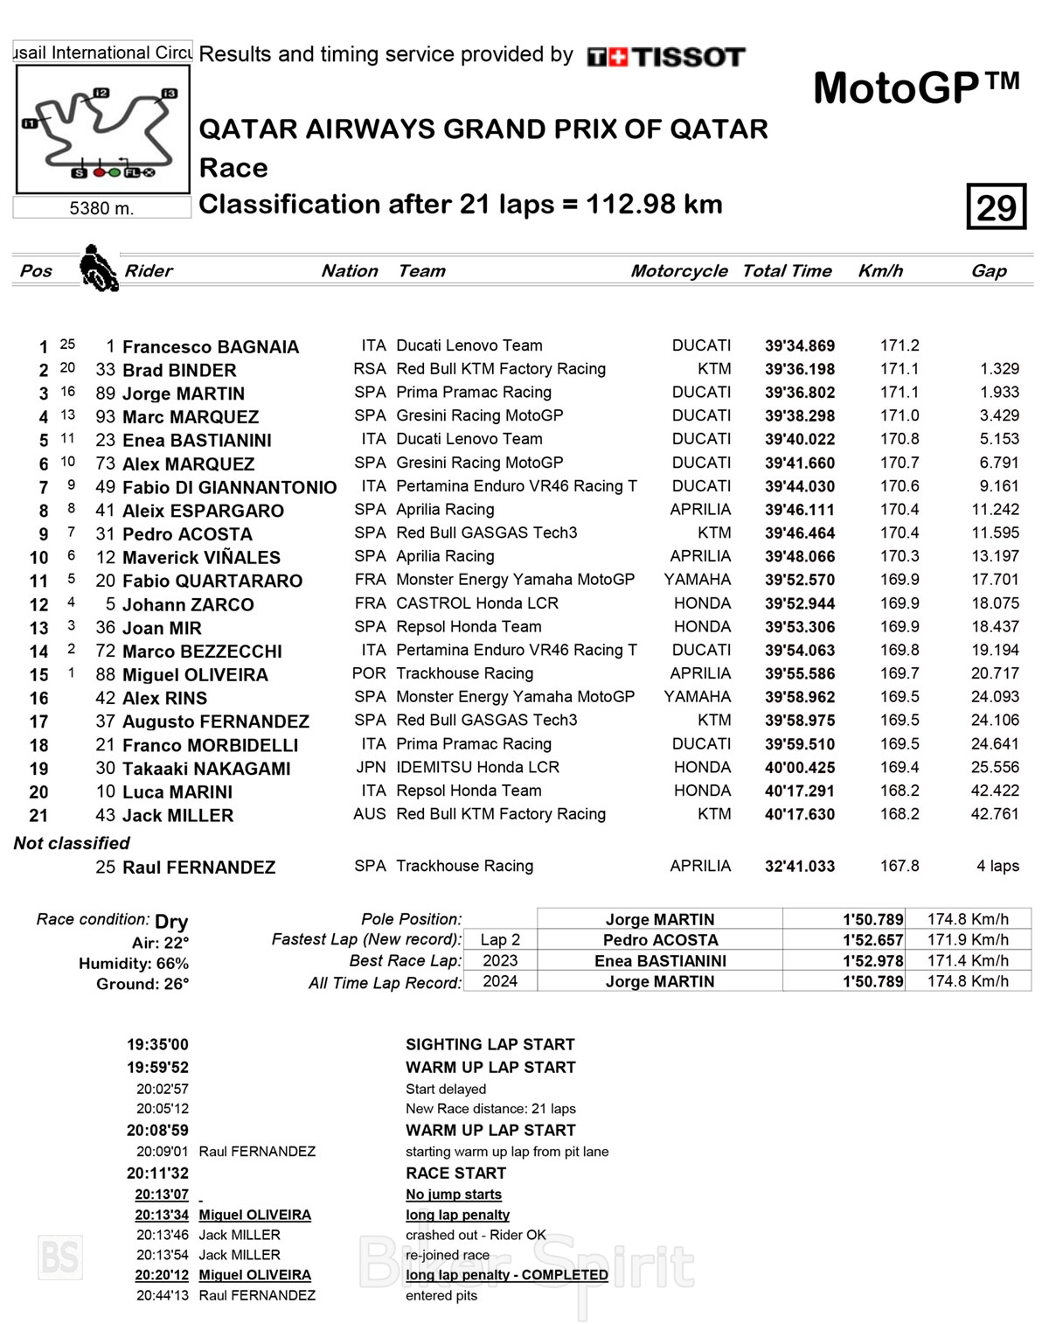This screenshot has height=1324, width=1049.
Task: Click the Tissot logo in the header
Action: [x=665, y=58]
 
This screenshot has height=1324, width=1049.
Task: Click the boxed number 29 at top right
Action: [x=996, y=207]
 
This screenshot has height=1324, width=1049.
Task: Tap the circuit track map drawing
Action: [x=101, y=129]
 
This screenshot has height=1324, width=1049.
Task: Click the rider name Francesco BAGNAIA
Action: [x=211, y=347]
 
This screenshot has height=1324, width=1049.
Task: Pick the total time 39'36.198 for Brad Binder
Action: [x=799, y=370]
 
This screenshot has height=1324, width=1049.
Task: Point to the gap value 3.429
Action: [x=998, y=416]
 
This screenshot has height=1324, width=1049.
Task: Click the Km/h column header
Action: [x=879, y=271]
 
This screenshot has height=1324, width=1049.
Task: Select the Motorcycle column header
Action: [x=678, y=271]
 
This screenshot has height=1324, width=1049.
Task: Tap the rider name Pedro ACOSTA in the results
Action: [x=187, y=534]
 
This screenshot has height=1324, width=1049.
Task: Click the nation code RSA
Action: [x=369, y=369]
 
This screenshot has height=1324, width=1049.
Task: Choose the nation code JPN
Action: [x=370, y=767]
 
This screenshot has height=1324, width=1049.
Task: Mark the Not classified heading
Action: [x=72, y=843]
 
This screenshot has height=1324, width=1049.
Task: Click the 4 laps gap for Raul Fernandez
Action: [x=997, y=866]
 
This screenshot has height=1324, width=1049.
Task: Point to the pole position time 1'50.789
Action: [x=872, y=919]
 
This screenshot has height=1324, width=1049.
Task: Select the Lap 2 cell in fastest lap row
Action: [x=500, y=940]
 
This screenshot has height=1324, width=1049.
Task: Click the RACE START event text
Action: [x=455, y=1173]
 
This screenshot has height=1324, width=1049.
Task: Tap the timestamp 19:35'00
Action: [x=157, y=1044]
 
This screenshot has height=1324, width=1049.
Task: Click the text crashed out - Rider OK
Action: [x=476, y=1235]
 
